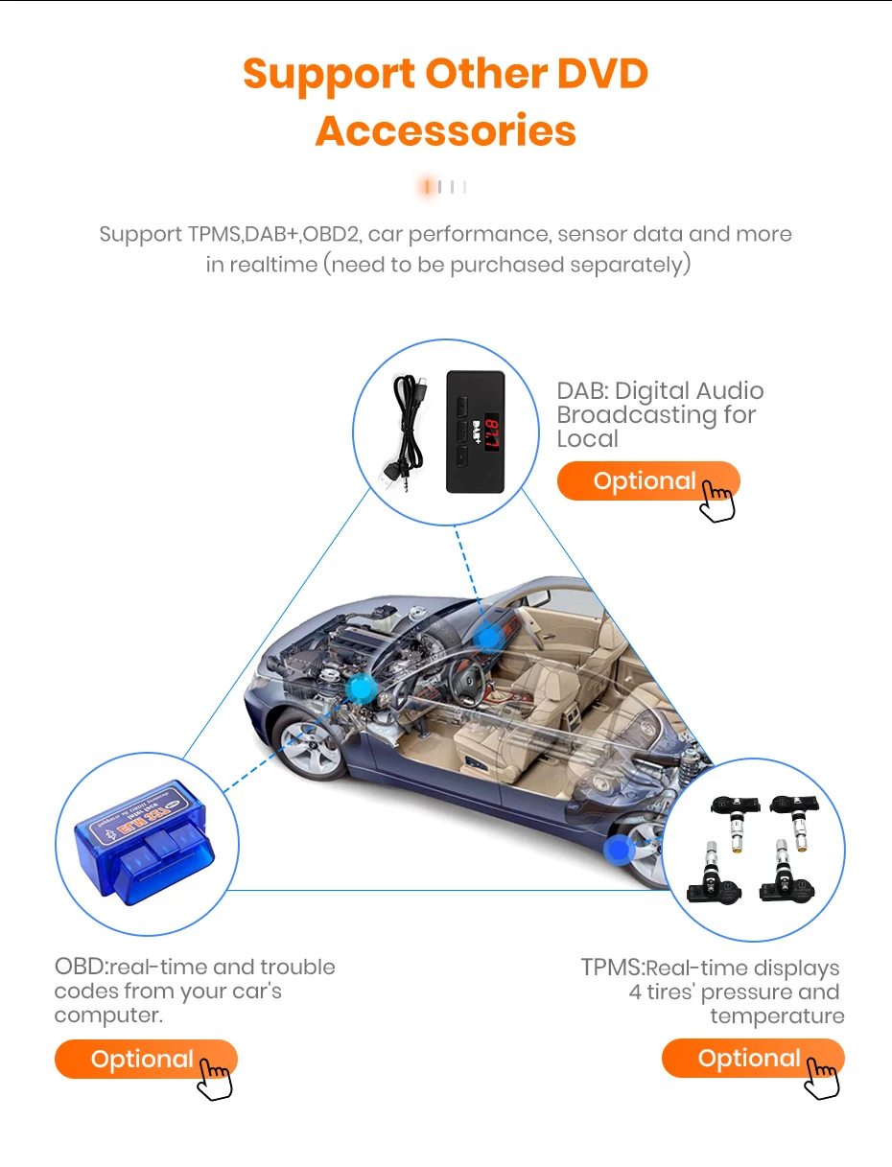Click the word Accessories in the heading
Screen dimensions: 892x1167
pos(446,130)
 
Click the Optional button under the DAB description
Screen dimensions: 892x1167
pos(646,481)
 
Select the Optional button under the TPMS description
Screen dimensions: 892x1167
pos(750,1059)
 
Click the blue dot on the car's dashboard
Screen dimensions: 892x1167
pos(489,637)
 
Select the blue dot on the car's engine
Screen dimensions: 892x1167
pos(363,687)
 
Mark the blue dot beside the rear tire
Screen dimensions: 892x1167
pos(620,848)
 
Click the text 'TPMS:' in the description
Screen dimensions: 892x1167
pos(612,969)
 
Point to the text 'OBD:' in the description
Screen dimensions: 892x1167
pos(81,967)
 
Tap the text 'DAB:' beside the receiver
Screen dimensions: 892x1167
pos(581,391)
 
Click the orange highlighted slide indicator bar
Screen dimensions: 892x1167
pos(428,187)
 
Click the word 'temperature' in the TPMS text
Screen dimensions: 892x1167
pos(777,1015)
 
